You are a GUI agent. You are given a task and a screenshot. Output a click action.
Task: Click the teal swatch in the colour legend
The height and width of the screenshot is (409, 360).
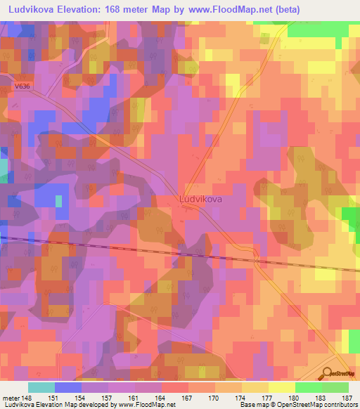tap(41, 387)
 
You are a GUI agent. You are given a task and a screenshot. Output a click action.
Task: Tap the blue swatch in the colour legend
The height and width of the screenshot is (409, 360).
tap(68, 387)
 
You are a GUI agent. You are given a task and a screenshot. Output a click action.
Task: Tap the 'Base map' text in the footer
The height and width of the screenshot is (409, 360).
tap(253, 405)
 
